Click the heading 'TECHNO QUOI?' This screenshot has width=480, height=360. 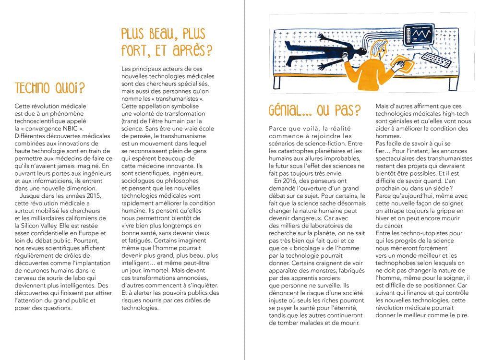pyautogui.click(x=50, y=88)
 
